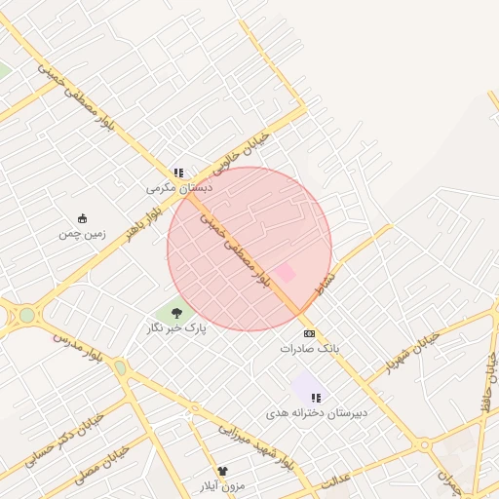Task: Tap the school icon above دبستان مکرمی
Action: pos(178,173)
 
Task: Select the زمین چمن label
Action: pos(81,233)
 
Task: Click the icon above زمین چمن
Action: pos(82,218)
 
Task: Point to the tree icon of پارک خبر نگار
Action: pos(176,313)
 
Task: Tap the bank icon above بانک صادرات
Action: pos(310,333)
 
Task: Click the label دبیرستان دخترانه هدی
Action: pos(318,413)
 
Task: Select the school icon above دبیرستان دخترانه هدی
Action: pos(315,398)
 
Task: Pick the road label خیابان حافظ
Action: pos(487,385)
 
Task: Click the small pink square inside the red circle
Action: pos(285,273)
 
